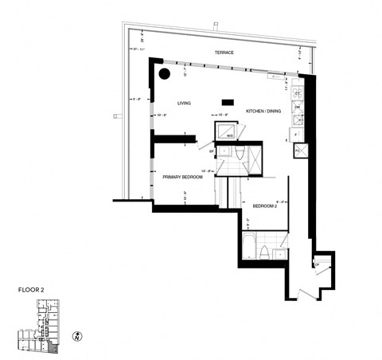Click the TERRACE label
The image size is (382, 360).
click(224, 53)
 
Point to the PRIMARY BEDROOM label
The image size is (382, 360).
click(183, 177)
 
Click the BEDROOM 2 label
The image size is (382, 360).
click(264, 205)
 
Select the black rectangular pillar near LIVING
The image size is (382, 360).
click(227, 101)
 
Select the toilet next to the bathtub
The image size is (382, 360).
click(263, 253)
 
